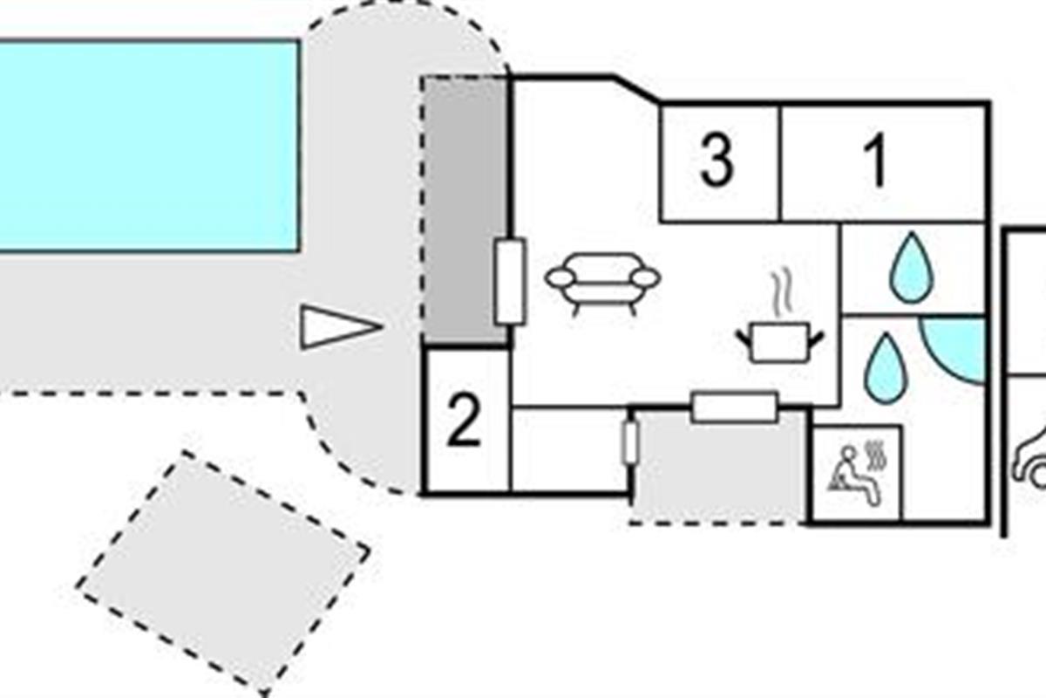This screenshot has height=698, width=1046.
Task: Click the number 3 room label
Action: point(717,161)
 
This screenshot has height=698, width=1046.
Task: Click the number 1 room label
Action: point(875,161)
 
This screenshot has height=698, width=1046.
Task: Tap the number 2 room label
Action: point(463,420)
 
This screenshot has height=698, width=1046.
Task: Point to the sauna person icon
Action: point(854,473)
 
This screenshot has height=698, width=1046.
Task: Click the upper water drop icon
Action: point(912,268)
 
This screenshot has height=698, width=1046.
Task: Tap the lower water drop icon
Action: point(886,368)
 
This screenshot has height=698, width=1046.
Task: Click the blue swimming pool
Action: point(149,146)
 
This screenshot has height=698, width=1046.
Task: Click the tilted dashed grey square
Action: point(223,573)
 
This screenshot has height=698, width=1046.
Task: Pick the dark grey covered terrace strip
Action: point(465,210)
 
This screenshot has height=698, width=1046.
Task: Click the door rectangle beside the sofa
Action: point(510,282)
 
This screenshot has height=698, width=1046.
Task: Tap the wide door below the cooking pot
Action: point(735,407)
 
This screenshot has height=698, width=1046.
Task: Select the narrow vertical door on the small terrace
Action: point(630,442)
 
